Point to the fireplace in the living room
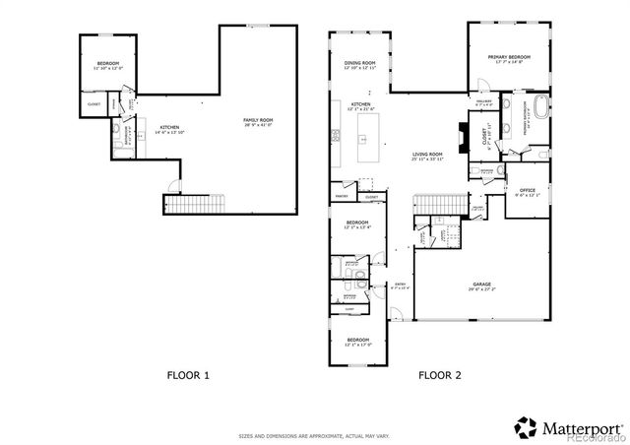click(463, 136)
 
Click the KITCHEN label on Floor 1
click(170, 129)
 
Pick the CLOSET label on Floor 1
click(94, 103)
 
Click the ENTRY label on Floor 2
click(399, 286)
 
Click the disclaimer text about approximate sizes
click(314, 434)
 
